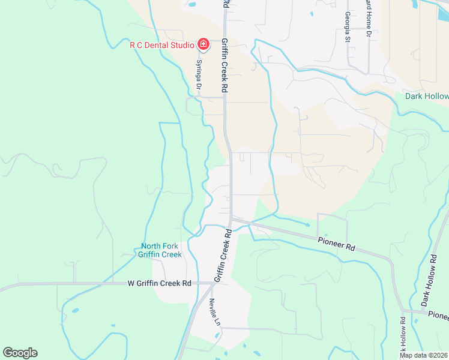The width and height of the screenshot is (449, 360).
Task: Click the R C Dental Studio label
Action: tap(162, 45)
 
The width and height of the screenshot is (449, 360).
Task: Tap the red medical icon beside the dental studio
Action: tap(203, 44)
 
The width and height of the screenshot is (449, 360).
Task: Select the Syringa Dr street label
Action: tap(198, 77)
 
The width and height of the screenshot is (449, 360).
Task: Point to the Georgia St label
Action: tap(347, 28)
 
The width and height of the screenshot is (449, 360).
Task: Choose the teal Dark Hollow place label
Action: tap(426, 96)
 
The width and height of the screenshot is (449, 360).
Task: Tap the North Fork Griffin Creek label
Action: tap(161, 250)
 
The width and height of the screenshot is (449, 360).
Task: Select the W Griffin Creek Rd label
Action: tap(159, 283)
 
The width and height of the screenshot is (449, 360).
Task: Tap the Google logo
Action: tap(20, 353)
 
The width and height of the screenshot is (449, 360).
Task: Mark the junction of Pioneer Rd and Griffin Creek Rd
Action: tap(232, 220)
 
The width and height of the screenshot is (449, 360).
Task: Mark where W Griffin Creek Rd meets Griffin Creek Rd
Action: tap(211, 283)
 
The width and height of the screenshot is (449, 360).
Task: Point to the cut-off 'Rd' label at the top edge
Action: tap(225, 4)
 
